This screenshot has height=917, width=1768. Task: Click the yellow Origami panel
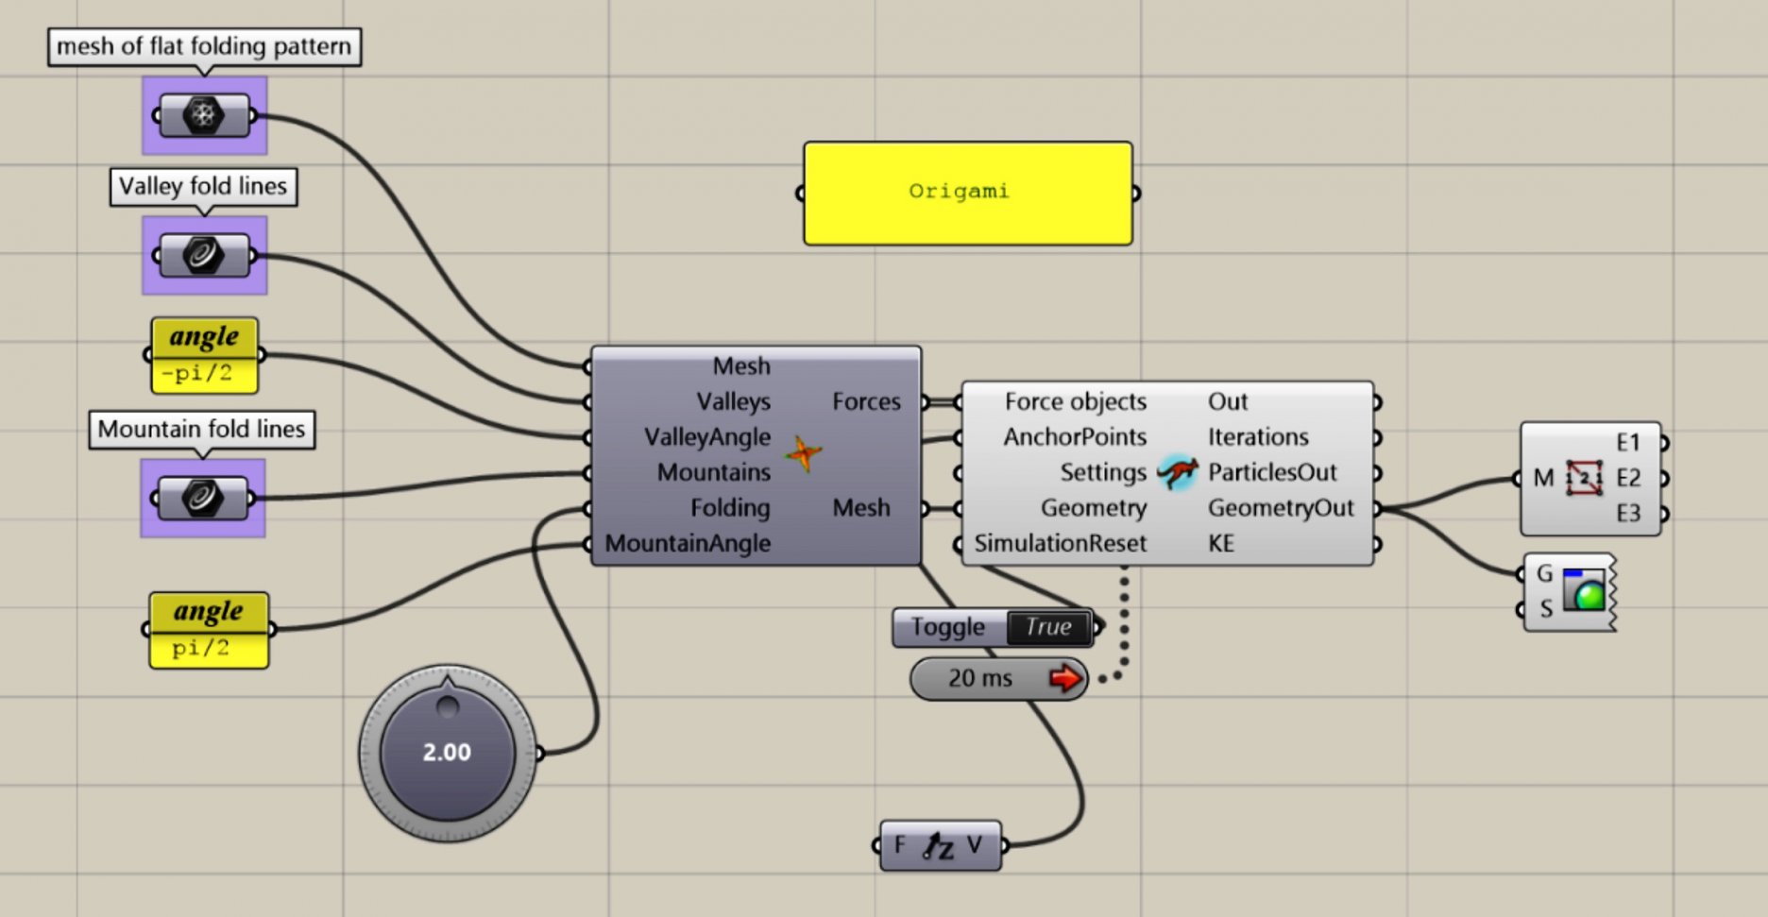click(x=967, y=193)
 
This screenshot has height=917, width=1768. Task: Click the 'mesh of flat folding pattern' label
click(x=204, y=46)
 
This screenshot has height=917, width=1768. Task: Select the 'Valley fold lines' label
click(x=203, y=186)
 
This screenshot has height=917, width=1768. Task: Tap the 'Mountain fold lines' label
click(x=201, y=429)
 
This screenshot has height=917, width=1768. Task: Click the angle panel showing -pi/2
click(x=204, y=355)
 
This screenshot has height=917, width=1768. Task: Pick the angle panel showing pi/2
click(x=209, y=630)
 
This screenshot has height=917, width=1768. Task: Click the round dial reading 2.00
click(x=447, y=752)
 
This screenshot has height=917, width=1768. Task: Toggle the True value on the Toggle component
click(x=1047, y=627)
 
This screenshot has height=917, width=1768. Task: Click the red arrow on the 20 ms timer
click(x=1065, y=678)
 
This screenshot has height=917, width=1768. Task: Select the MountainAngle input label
click(x=688, y=543)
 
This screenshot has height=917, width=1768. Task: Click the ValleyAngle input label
click(x=707, y=437)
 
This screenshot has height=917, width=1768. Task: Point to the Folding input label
click(x=730, y=508)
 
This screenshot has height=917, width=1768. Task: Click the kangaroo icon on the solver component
click(x=1178, y=471)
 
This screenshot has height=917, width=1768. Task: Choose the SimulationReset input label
click(x=1060, y=543)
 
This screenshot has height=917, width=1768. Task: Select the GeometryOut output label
click(x=1280, y=508)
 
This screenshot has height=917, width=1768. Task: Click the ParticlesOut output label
click(x=1272, y=472)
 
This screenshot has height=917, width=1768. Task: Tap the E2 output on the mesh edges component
click(x=1628, y=478)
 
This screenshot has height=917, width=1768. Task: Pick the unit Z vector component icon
click(x=939, y=846)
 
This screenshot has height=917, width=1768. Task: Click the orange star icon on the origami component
click(x=803, y=454)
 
